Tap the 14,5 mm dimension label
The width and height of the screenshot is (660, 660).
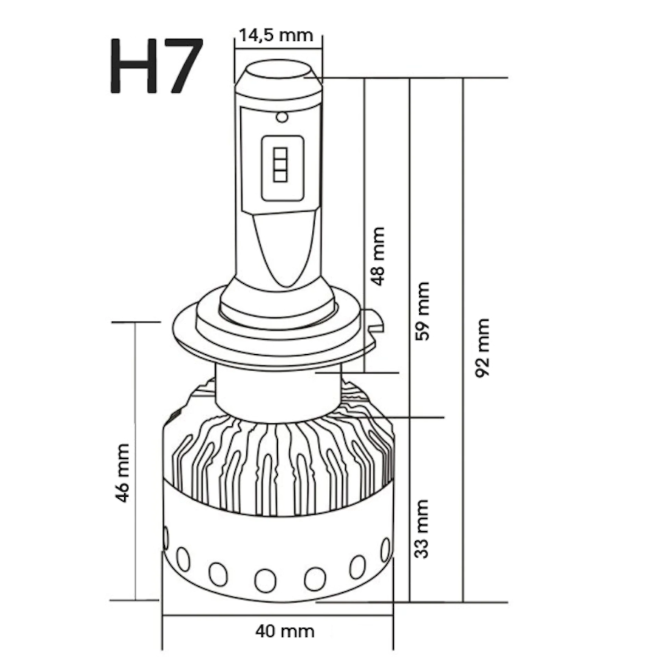click(x=276, y=35)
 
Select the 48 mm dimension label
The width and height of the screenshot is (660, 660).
click(x=378, y=256)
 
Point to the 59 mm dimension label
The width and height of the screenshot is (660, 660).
click(x=422, y=311)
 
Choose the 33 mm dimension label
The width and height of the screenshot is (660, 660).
click(x=422, y=529)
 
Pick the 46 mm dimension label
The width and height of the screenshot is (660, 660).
click(x=122, y=473)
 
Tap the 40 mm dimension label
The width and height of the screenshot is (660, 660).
click(x=284, y=631)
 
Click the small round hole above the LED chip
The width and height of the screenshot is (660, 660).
click(x=282, y=117)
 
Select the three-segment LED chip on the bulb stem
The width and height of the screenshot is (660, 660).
click(x=280, y=165)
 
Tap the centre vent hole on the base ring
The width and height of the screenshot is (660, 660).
click(x=265, y=581)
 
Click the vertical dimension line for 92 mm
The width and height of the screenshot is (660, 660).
click(x=464, y=340)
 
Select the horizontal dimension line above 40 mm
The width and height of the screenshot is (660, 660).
click(x=278, y=615)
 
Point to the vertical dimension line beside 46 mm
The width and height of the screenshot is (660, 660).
click(x=135, y=461)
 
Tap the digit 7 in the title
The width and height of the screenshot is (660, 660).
click(x=182, y=65)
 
